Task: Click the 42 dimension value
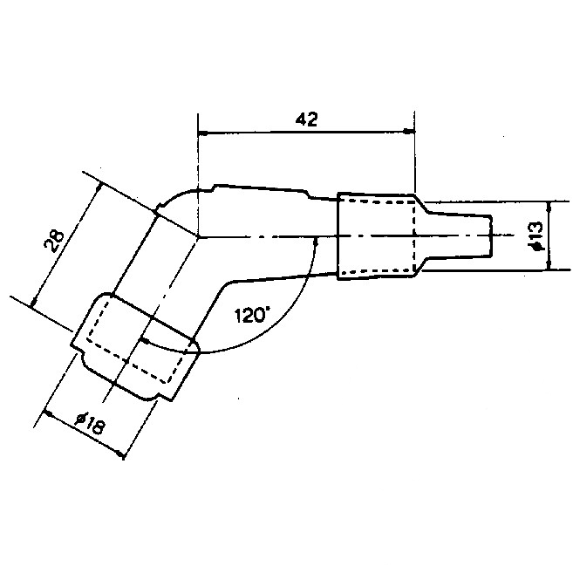306,119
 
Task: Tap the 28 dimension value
54,242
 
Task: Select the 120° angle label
252,315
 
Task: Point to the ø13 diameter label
535,236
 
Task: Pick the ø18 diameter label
90,423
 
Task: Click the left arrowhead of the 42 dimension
202,133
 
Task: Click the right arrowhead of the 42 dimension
410,131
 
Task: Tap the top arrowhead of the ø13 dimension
549,207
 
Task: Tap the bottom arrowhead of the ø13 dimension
549,264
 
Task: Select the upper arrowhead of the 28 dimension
98,188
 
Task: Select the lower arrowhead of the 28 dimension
34,302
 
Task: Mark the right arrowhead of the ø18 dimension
119,454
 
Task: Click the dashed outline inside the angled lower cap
135,340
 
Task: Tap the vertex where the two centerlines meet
198,237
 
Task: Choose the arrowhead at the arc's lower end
146,341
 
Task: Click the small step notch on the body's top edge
215,188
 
